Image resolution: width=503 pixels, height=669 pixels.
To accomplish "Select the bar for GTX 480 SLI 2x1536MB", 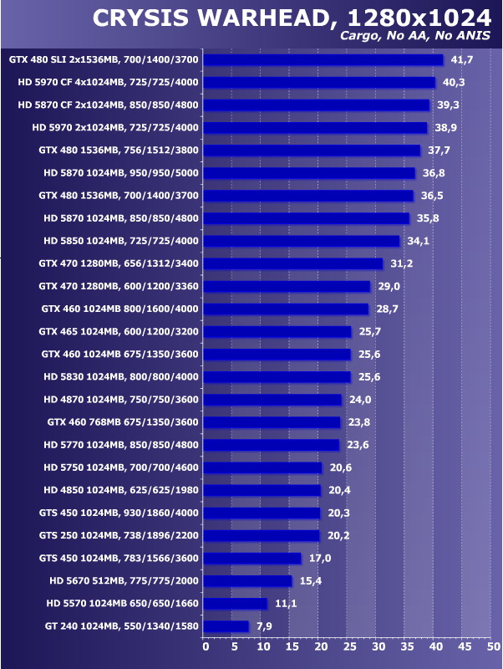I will coord(323,59).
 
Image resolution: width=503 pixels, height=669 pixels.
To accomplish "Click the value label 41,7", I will coord(462,59).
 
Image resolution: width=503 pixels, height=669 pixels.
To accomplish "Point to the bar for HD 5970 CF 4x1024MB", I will coord(319,82).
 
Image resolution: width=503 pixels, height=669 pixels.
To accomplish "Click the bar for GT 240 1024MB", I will coord(226,626).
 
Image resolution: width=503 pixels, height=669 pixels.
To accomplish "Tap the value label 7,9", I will coord(267,626).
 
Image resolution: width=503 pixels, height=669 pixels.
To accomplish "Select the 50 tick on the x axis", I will coord(494,646).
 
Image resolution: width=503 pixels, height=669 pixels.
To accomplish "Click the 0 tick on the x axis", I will coord(206,646).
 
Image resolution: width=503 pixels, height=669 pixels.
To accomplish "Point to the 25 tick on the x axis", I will coord(349,646).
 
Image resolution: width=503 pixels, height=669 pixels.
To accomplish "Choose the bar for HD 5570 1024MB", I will coord(235,603).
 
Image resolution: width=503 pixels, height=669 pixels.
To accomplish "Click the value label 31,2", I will coord(402,263).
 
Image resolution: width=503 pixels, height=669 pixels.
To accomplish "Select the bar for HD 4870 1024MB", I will coord(272,399).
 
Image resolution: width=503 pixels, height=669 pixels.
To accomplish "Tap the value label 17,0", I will coord(320,558).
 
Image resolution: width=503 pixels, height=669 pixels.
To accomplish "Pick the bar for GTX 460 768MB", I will coord(272,421).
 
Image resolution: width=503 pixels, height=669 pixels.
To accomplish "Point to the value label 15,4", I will coord(311,580).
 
